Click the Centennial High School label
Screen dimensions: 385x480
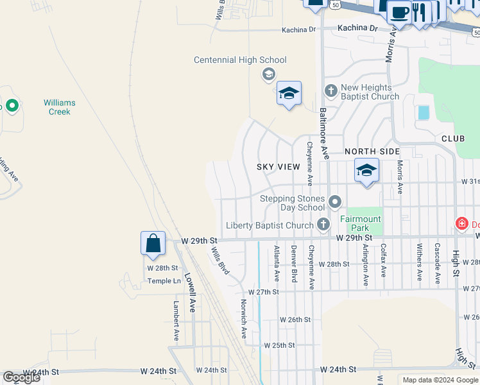tap(240, 60)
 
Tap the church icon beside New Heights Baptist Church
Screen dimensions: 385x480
tap(331, 90)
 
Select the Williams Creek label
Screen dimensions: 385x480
tap(60, 107)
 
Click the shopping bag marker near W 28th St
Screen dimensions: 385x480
tap(153, 244)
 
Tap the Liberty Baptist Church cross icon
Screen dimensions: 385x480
tap(323, 224)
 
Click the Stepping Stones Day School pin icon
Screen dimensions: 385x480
tap(334, 203)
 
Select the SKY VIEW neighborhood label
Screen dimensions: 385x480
tap(279, 167)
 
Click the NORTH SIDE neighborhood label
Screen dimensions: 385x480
tap(372, 151)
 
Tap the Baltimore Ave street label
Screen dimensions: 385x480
tap(324, 133)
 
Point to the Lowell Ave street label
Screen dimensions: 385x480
tap(189, 293)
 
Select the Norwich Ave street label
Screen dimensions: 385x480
tap(244, 318)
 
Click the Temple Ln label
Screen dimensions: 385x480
tap(164, 281)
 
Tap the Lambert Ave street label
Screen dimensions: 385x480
tap(176, 321)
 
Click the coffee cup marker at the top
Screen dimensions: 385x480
tap(399, 12)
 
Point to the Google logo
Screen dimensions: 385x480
tap(21, 377)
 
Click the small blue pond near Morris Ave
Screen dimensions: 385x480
tap(424, 112)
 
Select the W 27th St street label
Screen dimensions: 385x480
tap(265, 292)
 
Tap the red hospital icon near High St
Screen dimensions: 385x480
tap(461, 224)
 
